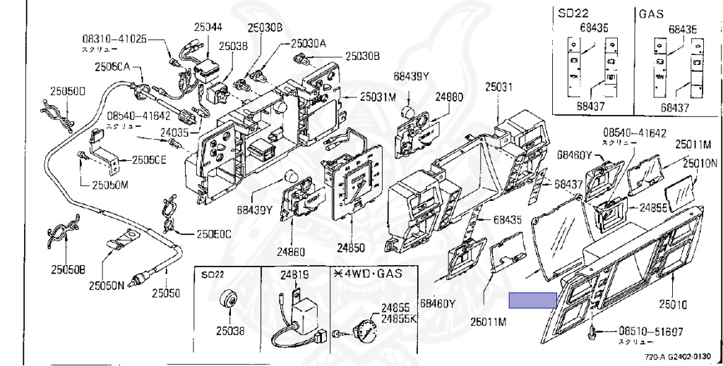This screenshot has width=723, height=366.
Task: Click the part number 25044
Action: tap(208, 28)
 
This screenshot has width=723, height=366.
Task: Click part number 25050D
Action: tap(67, 91)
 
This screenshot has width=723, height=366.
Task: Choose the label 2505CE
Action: tap(148, 160)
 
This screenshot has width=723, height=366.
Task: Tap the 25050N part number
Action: tap(106, 286)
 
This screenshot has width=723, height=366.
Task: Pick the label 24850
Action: tap(351, 248)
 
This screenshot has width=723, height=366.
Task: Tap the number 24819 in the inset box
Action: tap(294, 275)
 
